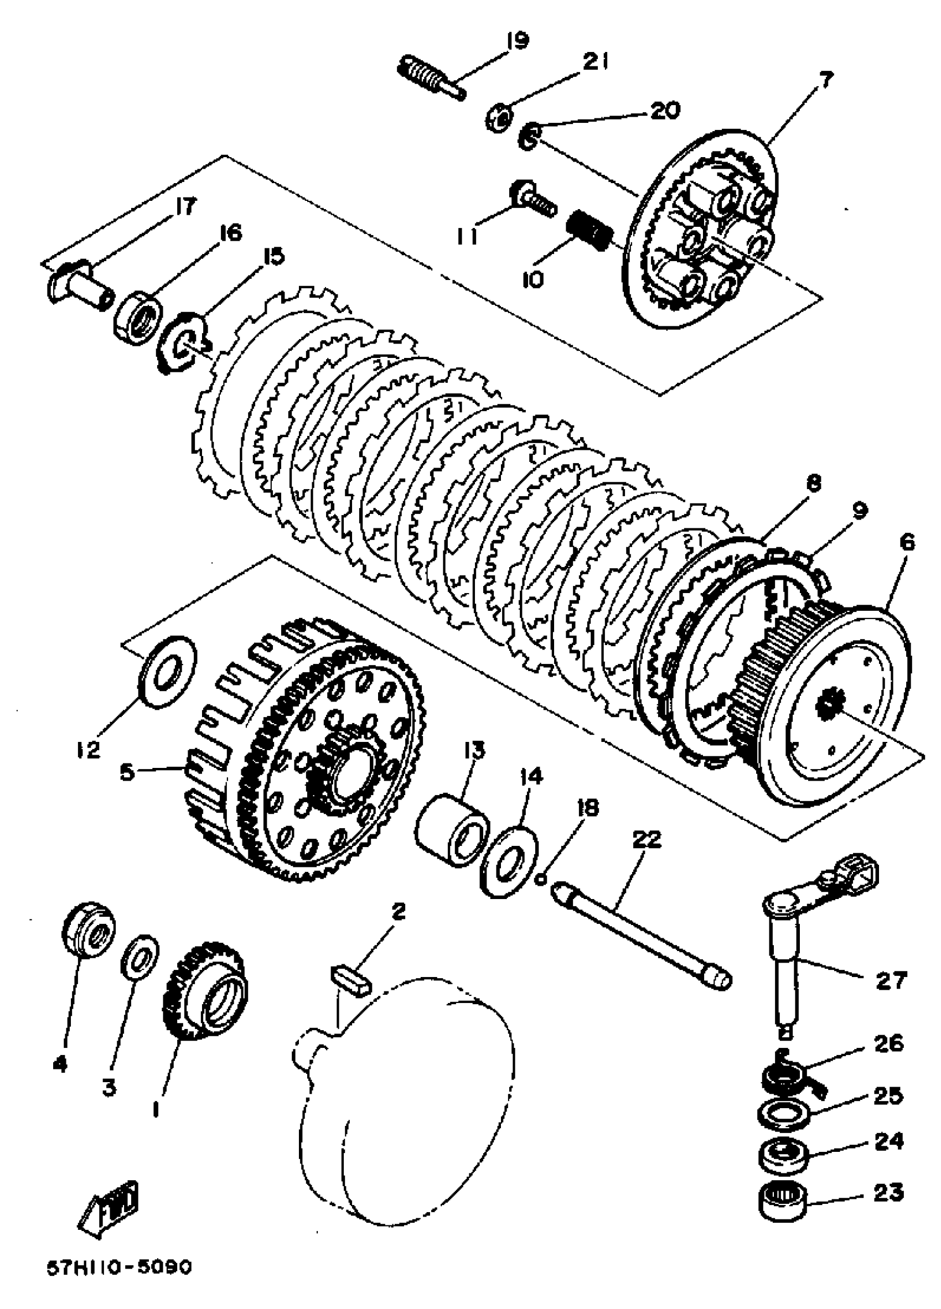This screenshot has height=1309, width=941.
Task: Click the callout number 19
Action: pyautogui.click(x=515, y=42)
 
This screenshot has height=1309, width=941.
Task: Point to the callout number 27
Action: pyautogui.click(x=890, y=979)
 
